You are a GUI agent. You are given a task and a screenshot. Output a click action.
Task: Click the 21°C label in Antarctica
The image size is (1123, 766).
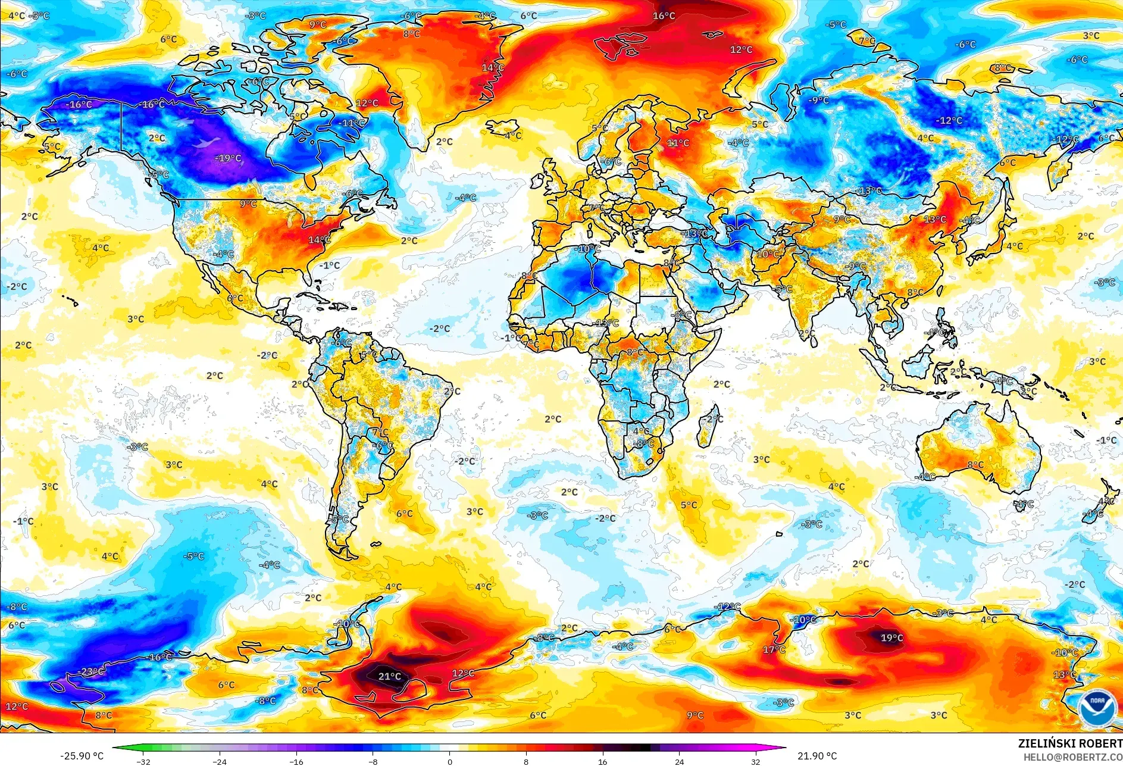(390, 676)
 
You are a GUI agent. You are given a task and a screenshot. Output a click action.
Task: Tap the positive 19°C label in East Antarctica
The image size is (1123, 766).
(891, 638)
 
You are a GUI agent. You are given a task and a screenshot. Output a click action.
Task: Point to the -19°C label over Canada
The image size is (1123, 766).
(228, 158)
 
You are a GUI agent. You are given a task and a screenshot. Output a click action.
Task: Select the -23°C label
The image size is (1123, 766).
(91, 671)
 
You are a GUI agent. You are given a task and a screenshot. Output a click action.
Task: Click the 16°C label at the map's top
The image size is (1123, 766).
(664, 15)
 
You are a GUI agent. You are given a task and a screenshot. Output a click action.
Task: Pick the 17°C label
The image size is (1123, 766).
(774, 649)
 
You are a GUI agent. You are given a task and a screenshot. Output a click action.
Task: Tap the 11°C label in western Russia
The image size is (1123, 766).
(678, 143)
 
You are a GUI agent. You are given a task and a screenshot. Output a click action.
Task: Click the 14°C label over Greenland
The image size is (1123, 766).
(493, 68)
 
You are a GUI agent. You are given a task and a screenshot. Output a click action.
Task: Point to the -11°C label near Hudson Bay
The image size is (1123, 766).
(352, 123)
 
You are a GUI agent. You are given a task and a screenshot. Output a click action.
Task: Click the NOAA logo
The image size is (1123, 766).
(1097, 708)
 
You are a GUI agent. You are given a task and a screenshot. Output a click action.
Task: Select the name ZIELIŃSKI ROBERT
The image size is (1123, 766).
(1069, 743)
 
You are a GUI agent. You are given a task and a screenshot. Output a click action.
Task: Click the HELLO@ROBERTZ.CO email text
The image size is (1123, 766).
(1072, 757)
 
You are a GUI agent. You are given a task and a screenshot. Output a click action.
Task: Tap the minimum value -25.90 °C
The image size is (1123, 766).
(82, 756)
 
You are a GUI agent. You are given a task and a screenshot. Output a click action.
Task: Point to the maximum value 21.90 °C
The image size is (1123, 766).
(817, 756)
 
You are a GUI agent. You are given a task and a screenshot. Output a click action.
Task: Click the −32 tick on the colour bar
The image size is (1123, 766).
(143, 762)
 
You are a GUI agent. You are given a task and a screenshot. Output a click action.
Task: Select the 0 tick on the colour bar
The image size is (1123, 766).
(449, 762)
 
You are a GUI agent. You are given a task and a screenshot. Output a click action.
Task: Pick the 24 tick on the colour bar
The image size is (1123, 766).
(679, 762)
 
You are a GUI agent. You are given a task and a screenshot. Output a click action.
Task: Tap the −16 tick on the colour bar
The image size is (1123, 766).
(296, 762)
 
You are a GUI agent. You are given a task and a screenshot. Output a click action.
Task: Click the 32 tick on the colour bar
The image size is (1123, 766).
(755, 762)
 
